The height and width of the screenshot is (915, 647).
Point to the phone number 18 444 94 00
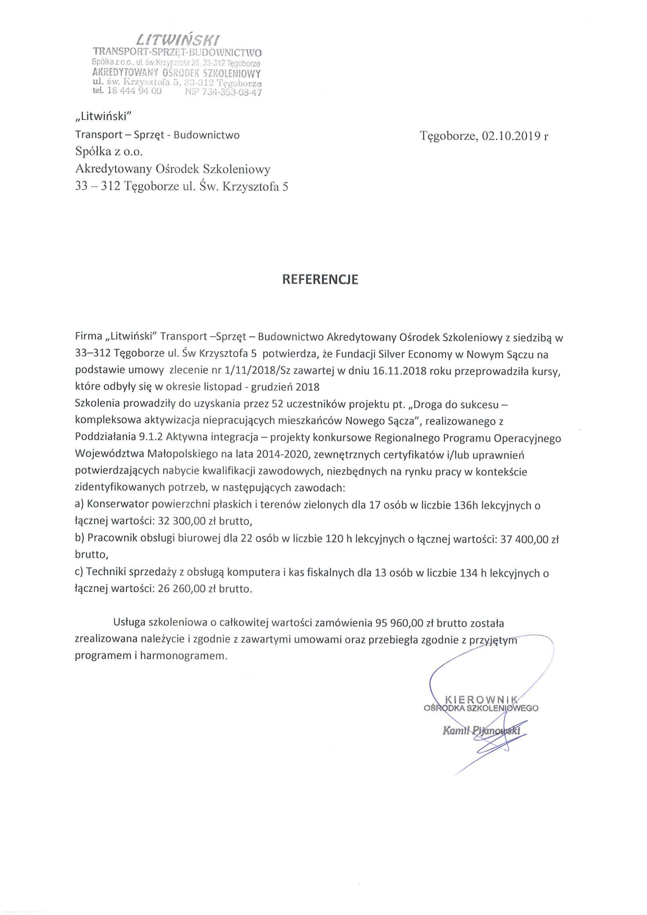pyautogui.click(x=134, y=91)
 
